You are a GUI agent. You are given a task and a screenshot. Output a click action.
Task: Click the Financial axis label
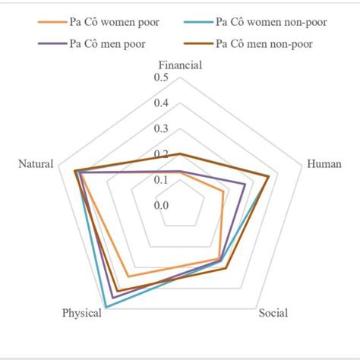pos(180,65)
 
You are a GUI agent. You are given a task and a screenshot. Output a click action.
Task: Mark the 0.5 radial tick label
pos(161,78)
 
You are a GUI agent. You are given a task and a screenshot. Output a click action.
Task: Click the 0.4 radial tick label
pos(161,103)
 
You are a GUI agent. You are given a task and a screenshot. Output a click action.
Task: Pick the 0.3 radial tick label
pos(161,128)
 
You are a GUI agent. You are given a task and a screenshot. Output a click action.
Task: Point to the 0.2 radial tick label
pos(161,154)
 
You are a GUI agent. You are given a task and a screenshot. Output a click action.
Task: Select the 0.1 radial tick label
pos(161,179)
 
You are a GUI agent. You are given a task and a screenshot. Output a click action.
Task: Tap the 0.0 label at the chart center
pos(161,205)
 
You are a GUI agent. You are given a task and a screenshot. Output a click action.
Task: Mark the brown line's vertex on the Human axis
pos(270,176)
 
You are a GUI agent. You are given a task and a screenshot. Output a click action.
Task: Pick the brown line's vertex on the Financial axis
pos(180,154)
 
